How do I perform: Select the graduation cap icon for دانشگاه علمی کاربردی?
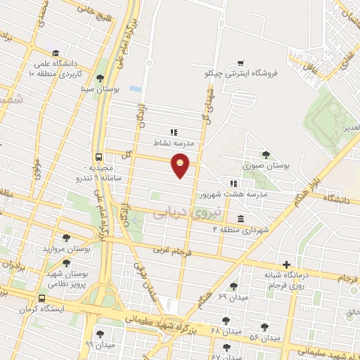(55, 53)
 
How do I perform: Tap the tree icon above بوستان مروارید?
(67, 238)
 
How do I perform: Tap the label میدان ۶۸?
(225, 330)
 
